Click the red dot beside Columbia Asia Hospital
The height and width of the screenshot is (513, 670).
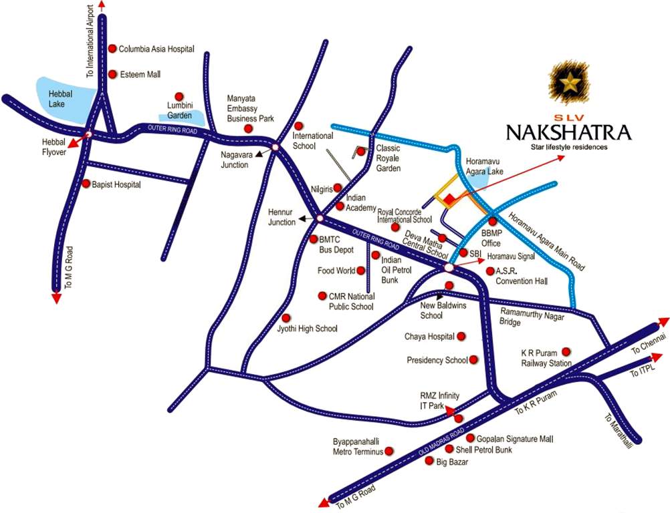112,49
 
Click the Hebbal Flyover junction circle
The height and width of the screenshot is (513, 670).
88,135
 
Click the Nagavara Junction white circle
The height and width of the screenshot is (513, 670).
273,147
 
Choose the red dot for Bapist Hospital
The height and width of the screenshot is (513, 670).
86,183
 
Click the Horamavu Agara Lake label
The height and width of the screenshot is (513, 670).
483,166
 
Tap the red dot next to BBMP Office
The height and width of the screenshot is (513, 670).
493,221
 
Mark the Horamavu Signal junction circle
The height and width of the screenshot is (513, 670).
449,267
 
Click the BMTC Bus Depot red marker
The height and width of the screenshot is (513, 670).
313,238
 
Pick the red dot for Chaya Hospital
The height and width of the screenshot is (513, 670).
460,337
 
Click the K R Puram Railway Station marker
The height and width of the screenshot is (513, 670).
566,351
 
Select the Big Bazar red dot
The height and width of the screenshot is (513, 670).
429,461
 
